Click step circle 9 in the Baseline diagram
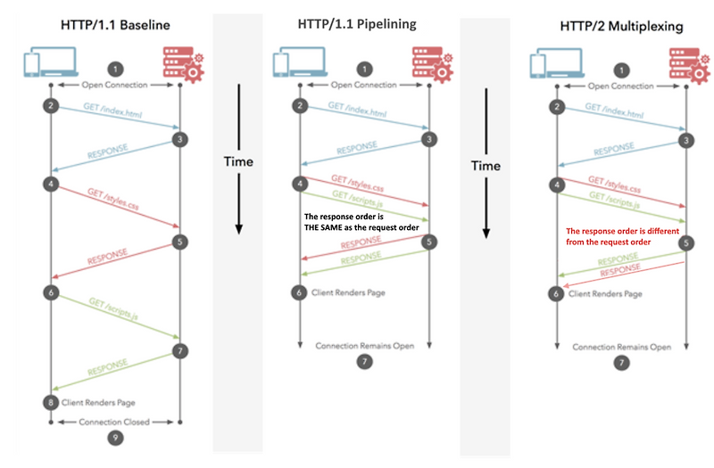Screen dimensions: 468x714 click(x=115, y=437)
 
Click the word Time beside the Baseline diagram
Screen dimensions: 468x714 click(x=238, y=161)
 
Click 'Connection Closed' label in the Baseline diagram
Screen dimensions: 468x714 click(x=115, y=421)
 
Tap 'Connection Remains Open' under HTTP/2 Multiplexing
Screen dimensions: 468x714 click(x=621, y=346)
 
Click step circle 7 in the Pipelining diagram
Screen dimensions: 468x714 click(x=362, y=361)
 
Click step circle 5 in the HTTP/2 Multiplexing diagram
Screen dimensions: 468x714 click(x=685, y=242)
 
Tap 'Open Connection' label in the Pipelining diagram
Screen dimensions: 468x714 click(x=363, y=86)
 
